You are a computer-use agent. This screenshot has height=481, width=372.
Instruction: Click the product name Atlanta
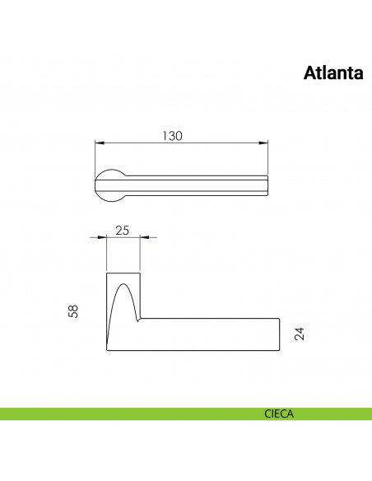click(x=333, y=73)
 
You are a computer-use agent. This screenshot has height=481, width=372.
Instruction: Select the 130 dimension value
click(x=171, y=136)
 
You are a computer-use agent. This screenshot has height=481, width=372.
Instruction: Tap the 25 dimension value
click(x=123, y=230)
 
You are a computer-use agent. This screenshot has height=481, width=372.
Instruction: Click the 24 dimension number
click(x=300, y=334)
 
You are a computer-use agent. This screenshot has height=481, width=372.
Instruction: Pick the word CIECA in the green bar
click(x=279, y=414)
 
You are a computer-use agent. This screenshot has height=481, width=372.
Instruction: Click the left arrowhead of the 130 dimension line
click(x=98, y=144)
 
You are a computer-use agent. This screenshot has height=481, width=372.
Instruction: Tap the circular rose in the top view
click(x=110, y=184)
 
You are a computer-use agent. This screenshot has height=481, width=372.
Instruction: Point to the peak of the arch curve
click(x=123, y=283)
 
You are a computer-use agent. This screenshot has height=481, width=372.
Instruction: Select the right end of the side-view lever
click(x=279, y=334)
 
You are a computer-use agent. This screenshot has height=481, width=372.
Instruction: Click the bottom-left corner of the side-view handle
click(x=107, y=350)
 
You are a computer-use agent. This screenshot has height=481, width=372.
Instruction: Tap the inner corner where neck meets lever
click(x=140, y=319)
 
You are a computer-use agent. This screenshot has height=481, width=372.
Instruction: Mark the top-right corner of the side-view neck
click(x=139, y=272)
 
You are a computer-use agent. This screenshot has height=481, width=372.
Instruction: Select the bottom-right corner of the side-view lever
click(x=279, y=350)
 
